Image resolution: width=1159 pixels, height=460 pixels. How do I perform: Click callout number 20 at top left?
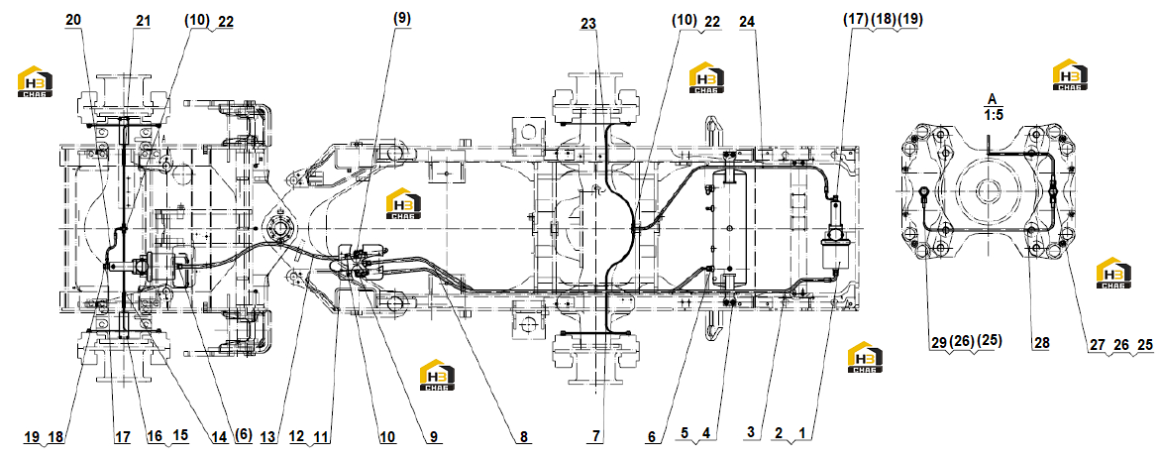(x=73, y=21)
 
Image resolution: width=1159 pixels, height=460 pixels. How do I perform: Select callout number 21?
(x=142, y=21)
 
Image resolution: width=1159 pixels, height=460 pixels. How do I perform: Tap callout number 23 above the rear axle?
(x=587, y=24)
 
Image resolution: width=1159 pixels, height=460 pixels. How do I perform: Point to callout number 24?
(x=747, y=22)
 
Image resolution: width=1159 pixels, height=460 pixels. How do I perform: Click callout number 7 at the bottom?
(x=595, y=437)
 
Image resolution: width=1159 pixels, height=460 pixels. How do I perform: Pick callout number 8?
(x=523, y=437)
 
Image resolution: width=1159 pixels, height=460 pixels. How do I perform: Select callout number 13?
(x=268, y=437)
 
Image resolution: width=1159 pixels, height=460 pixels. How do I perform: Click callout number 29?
(x=939, y=343)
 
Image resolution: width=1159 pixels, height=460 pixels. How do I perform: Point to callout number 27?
(x=1098, y=343)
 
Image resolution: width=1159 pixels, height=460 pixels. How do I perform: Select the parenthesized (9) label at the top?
(x=402, y=17)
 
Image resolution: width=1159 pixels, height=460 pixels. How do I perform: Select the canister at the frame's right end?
(x=836, y=236)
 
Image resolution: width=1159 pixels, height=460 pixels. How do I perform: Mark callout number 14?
(x=218, y=437)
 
